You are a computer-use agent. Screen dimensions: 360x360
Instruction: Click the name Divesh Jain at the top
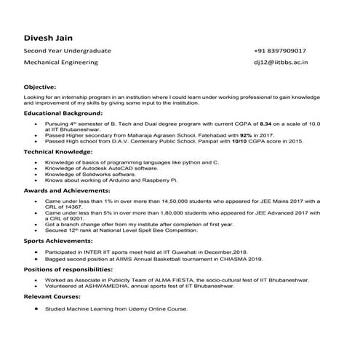[x=48, y=37]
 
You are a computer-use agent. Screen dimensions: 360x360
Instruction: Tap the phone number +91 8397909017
[x=279, y=52]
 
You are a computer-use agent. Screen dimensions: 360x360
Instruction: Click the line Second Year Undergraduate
[x=67, y=52]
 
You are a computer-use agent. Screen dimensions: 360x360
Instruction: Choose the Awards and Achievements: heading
[x=64, y=188]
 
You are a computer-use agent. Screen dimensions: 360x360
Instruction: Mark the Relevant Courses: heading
[x=52, y=296]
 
